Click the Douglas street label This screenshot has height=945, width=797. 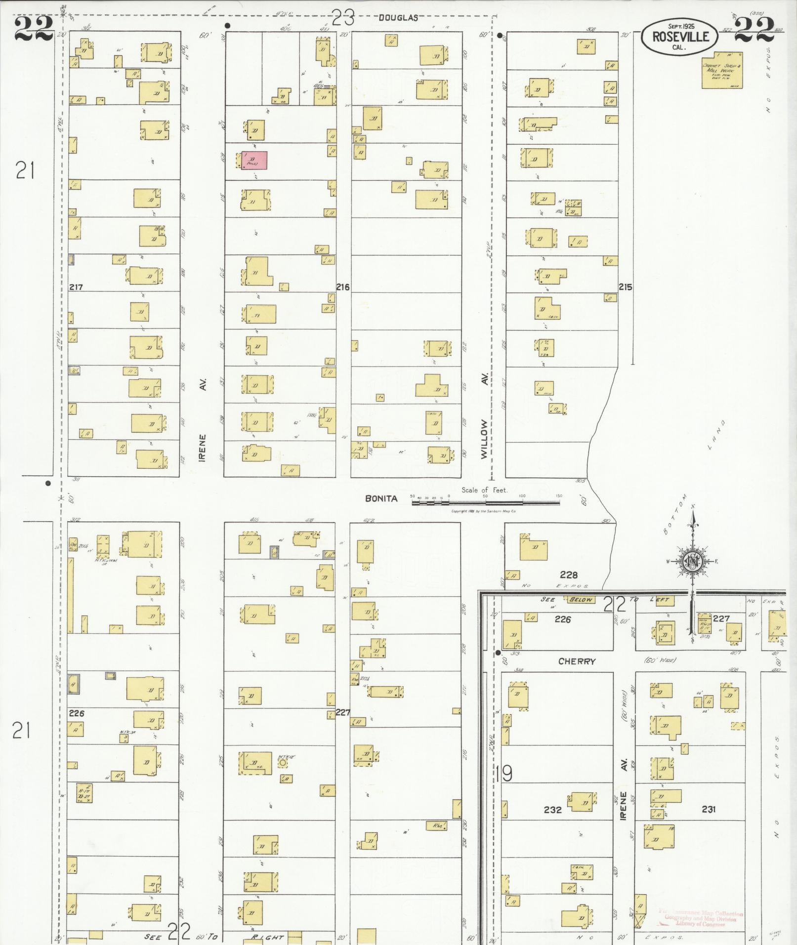pyautogui.click(x=398, y=18)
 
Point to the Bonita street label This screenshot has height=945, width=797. pyautogui.click(x=381, y=498)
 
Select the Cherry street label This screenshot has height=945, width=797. pyautogui.click(x=577, y=661)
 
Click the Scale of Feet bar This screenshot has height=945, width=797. pyautogui.click(x=486, y=502)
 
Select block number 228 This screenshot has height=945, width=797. pyautogui.click(x=569, y=575)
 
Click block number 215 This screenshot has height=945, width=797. pyautogui.click(x=625, y=287)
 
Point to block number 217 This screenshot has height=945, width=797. pyautogui.click(x=76, y=287)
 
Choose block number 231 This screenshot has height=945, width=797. pyautogui.click(x=708, y=809)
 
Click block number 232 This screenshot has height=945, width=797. pyautogui.click(x=552, y=810)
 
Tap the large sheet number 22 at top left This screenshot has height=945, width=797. pyautogui.click(x=34, y=30)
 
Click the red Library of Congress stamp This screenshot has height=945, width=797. pyautogui.click(x=701, y=917)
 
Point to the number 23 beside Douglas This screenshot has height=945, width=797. pyautogui.click(x=343, y=19)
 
